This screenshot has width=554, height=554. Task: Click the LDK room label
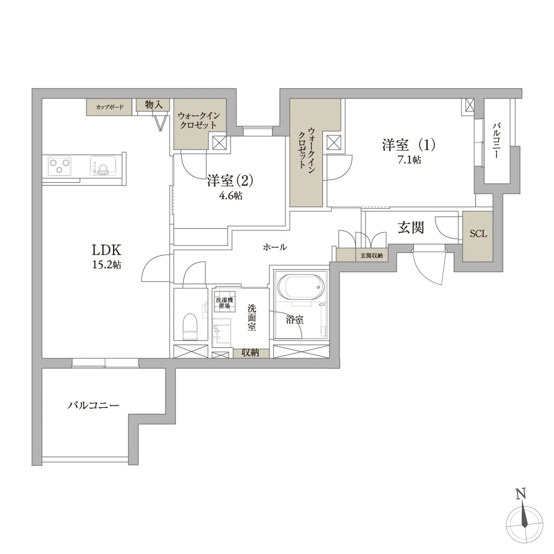106,250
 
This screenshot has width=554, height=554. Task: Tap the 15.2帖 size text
107,265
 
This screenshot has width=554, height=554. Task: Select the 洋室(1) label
409,145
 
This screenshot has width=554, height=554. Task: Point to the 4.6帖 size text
231,196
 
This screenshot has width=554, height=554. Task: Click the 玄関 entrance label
411,228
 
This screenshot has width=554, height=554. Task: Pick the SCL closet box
478,237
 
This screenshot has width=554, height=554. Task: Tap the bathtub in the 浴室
301,287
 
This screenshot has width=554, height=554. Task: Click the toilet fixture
189,326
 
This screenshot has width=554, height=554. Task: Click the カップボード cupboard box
109,107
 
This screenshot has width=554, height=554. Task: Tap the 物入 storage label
153,105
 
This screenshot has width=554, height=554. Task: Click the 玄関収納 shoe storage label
371,255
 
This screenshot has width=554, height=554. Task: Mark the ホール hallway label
275,247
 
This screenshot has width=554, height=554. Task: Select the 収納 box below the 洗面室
251,353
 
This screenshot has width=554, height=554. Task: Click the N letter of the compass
521,493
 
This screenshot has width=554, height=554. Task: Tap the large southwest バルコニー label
93,406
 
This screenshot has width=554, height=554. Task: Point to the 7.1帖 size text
409,160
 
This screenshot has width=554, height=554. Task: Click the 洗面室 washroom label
252,317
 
